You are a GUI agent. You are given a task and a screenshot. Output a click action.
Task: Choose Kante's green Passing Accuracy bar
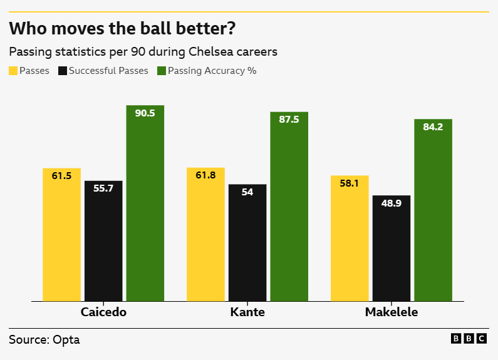pyautogui.click(x=289, y=207)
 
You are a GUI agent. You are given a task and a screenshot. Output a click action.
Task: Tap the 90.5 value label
pyautogui.click(x=145, y=113)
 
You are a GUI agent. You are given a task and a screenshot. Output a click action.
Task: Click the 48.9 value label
pyautogui.click(x=392, y=203)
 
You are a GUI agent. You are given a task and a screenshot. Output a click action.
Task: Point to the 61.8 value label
pyautogui.click(x=205, y=175)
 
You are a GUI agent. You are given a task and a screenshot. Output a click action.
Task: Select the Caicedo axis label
pyautogui.click(x=103, y=312)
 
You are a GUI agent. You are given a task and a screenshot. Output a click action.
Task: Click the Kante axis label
pyautogui.click(x=247, y=312)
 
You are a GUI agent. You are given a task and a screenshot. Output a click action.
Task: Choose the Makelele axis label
pyautogui.click(x=392, y=312)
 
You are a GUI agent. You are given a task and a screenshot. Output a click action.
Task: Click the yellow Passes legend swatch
pyautogui.click(x=13, y=71)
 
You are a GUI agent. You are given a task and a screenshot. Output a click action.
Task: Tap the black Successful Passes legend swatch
pyautogui.click(x=62, y=71)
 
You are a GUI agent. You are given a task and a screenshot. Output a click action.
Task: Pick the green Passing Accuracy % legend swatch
pyautogui.click(x=162, y=71)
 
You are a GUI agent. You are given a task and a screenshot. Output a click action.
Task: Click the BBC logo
pyautogui.click(x=469, y=339)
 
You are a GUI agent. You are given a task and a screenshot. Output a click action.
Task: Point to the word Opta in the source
pyautogui.click(x=66, y=340)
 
